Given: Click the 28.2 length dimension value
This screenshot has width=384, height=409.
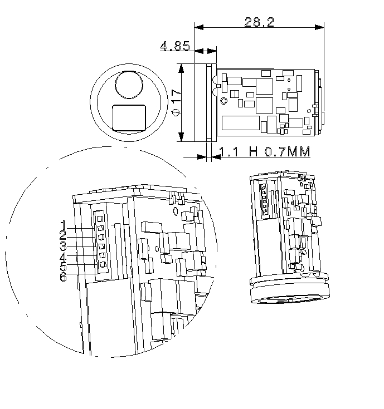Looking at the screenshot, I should point(259,22).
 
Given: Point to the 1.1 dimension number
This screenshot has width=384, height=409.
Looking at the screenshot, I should point(230,152).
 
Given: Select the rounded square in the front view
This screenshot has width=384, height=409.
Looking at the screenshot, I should point(129,117).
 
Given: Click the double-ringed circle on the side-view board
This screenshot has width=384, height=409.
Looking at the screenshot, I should point(224,101).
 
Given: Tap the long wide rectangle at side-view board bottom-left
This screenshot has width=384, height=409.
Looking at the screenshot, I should point(241,122).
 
